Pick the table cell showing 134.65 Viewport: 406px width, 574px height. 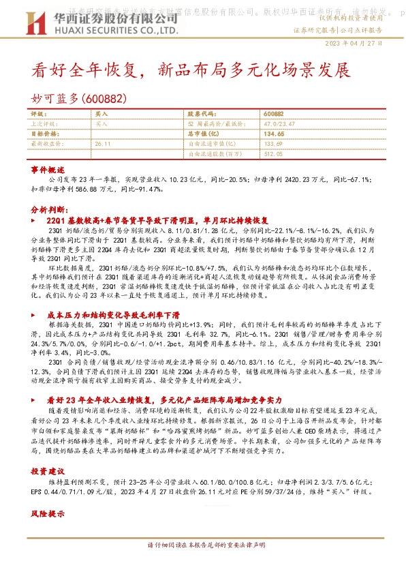point(273,134)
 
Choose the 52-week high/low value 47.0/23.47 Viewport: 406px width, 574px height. point(278,125)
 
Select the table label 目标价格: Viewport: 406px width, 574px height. point(45,134)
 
